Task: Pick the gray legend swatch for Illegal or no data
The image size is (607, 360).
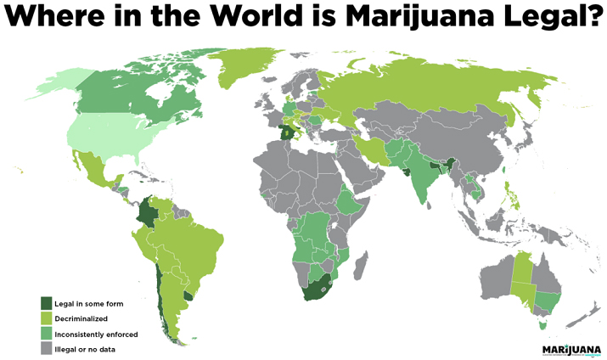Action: (47, 347)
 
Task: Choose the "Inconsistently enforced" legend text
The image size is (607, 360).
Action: (96, 334)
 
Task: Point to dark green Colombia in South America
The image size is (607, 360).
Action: (149, 212)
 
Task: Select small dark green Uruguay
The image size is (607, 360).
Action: (189, 296)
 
